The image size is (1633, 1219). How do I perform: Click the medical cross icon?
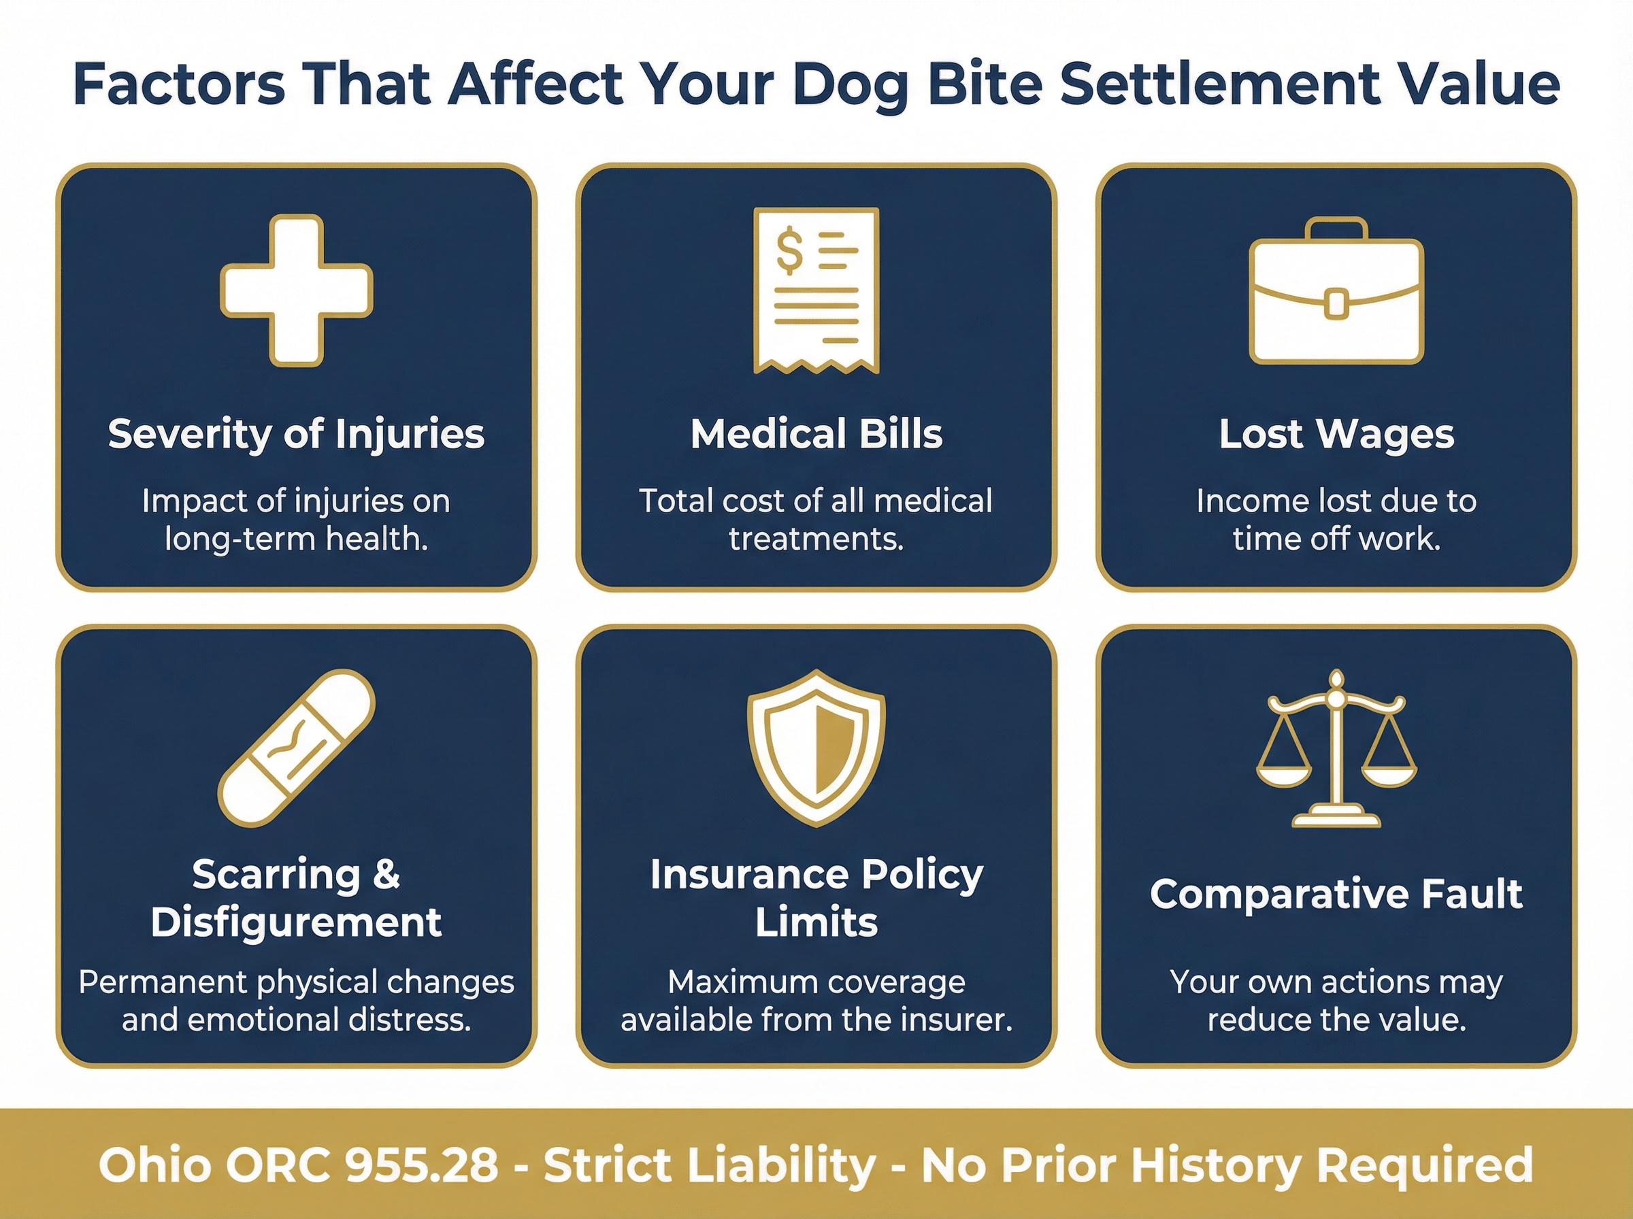[x=297, y=290]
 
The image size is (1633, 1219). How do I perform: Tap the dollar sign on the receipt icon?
[x=789, y=250]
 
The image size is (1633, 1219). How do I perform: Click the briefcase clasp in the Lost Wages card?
[x=1336, y=304]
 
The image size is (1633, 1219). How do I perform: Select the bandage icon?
[x=297, y=748]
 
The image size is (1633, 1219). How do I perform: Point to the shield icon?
[x=816, y=748]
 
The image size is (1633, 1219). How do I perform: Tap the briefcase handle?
[x=1336, y=228]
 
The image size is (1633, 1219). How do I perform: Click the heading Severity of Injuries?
[x=296, y=433]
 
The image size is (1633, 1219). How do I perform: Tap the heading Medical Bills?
[x=816, y=433]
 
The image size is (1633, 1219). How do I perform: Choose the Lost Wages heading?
[x=1336, y=433]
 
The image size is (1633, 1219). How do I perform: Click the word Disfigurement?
[x=296, y=922]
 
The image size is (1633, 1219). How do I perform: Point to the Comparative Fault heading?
[x=1336, y=894]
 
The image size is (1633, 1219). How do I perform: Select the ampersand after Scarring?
[x=386, y=874]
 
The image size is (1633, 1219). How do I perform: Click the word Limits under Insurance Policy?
[x=816, y=922]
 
